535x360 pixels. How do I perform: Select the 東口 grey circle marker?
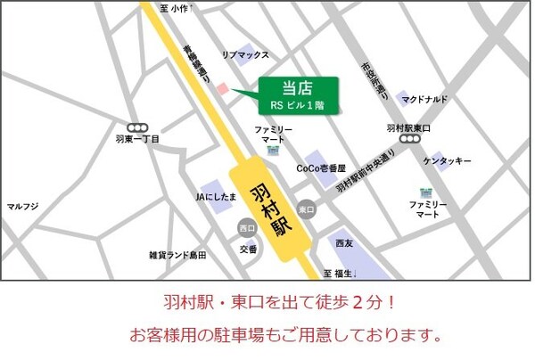point(307,209)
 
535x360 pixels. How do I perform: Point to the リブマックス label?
point(245,55)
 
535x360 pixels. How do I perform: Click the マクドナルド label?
point(424,100)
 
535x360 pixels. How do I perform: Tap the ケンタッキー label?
point(447,160)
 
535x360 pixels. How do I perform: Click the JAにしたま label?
point(217,195)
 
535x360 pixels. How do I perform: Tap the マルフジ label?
point(23,207)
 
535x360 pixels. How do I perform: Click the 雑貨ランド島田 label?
point(178,255)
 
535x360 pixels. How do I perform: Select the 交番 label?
point(248,249)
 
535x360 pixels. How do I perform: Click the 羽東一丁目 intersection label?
point(138,140)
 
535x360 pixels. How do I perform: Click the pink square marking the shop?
point(222,88)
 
